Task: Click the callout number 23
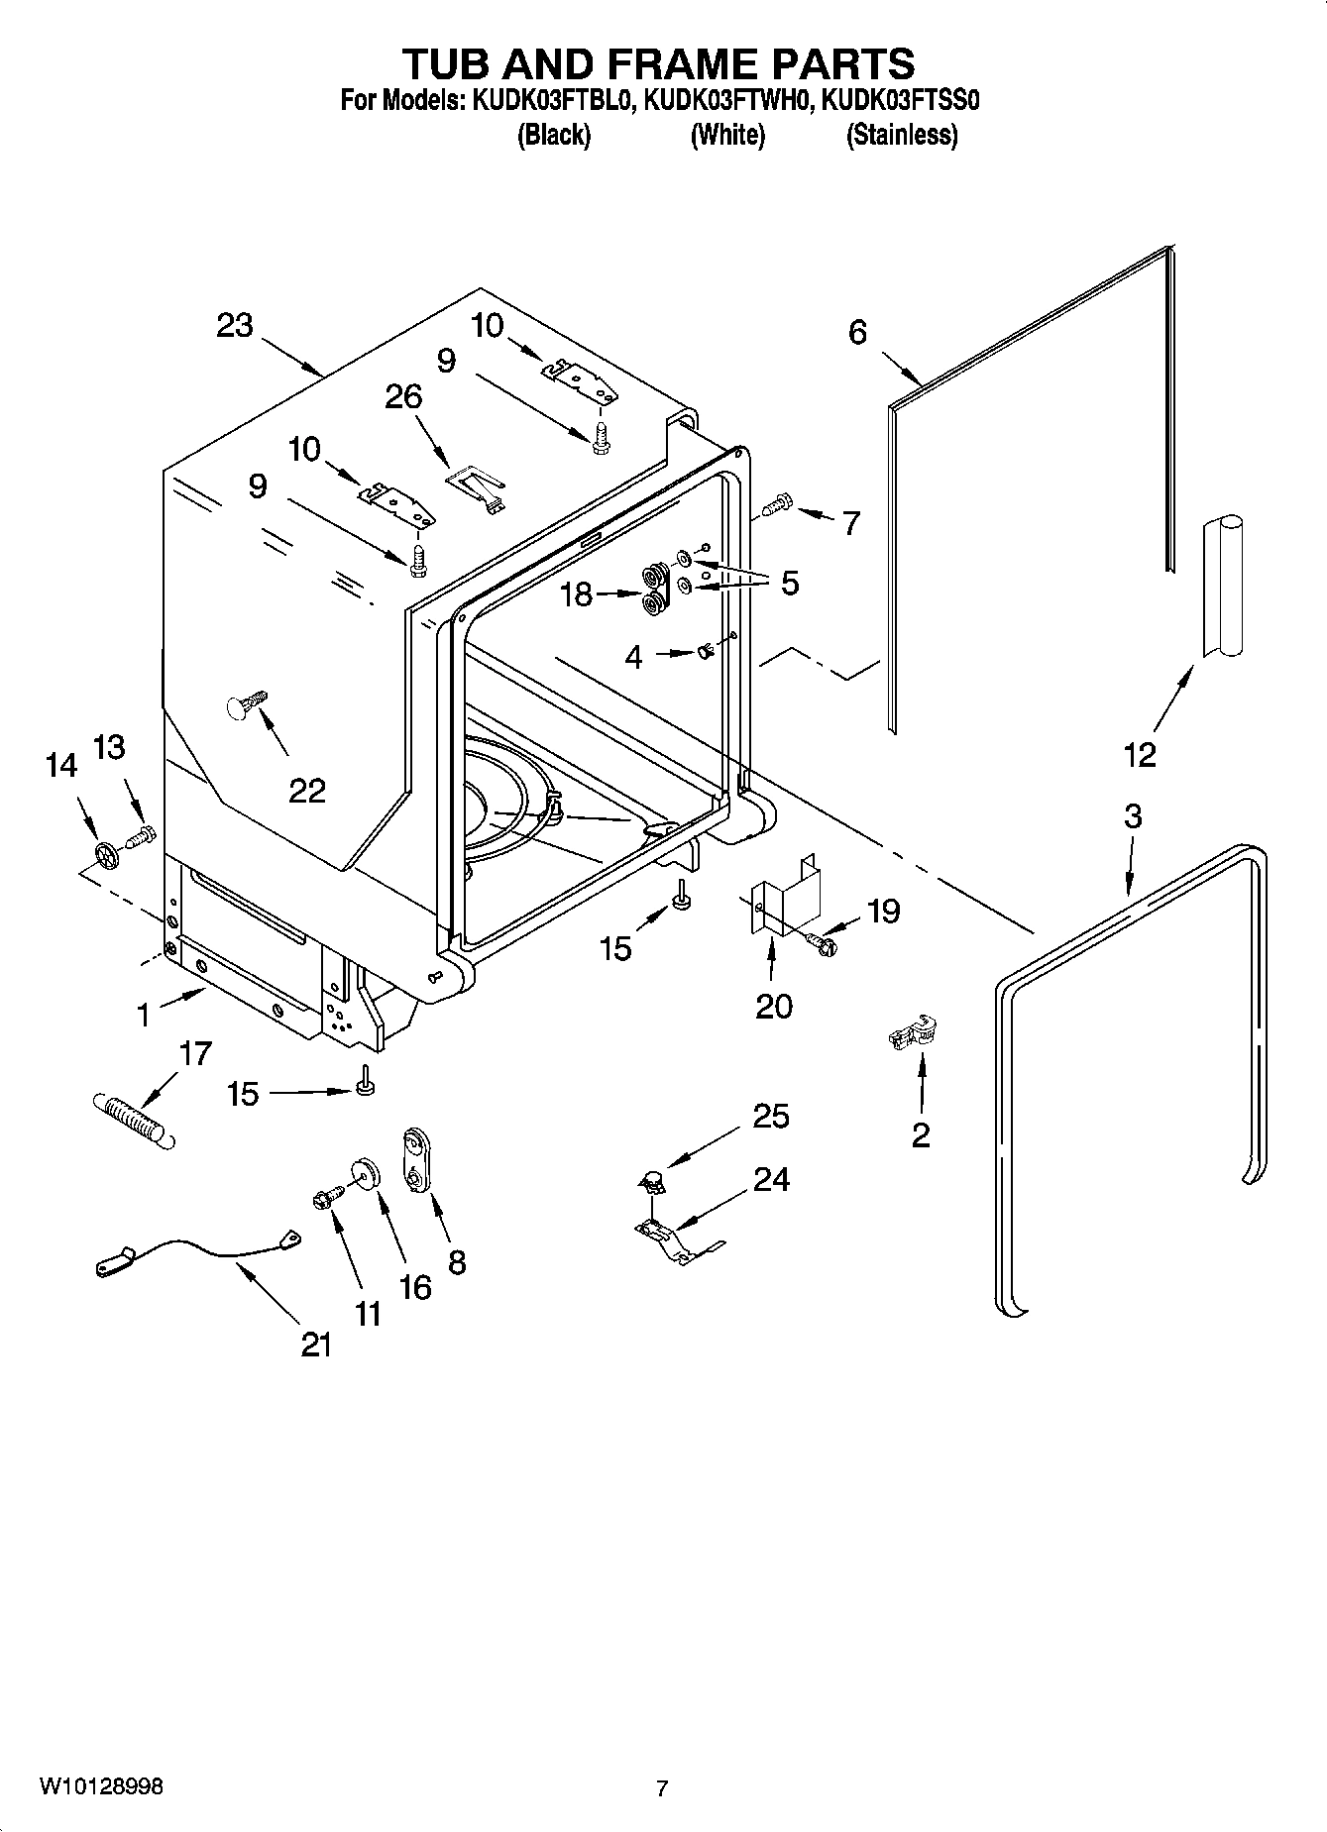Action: (x=235, y=325)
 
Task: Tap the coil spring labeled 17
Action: (x=134, y=1120)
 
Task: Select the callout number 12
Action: (x=1140, y=756)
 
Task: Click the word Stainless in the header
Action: (x=901, y=135)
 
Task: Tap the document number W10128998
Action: (x=101, y=1786)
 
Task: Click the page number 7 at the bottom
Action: (x=662, y=1788)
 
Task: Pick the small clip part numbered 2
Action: (x=913, y=1033)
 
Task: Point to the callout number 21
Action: (x=316, y=1345)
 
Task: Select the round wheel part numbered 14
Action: (x=107, y=853)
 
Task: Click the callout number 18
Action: (x=576, y=594)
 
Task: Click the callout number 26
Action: (x=404, y=396)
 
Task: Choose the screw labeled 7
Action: (x=773, y=507)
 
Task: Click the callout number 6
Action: (x=857, y=332)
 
